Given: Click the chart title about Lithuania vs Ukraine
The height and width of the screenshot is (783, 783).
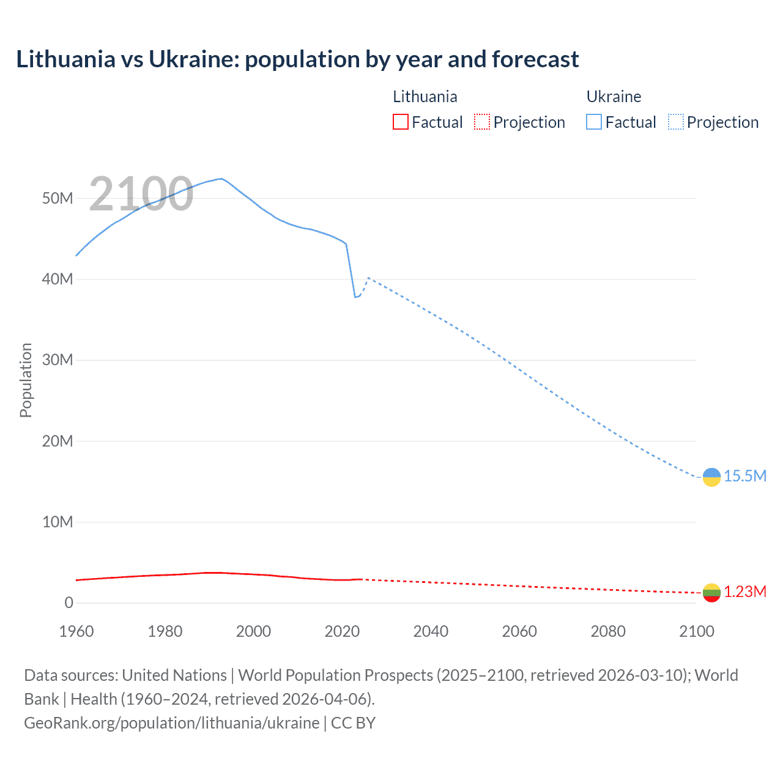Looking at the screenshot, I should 297,59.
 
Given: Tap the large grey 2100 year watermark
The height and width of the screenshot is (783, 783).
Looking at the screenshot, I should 141,194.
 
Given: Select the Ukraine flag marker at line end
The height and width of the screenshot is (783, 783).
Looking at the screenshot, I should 711,477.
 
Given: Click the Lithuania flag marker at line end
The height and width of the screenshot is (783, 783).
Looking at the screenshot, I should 711,592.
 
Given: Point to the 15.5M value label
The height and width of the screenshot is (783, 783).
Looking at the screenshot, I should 744,477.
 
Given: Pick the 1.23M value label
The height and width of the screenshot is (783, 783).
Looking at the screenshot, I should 744,592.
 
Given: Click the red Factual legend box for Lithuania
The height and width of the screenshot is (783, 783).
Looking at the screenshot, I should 400,122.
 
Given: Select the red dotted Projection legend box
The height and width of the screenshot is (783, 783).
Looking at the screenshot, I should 482,122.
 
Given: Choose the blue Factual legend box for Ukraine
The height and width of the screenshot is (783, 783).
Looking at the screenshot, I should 593,122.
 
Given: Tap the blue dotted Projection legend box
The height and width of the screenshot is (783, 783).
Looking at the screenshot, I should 675,122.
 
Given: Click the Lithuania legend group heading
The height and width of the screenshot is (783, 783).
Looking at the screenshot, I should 425,97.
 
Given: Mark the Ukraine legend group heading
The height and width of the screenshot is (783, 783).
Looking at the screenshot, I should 614,97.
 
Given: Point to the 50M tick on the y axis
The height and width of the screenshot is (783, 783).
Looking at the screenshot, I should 58,198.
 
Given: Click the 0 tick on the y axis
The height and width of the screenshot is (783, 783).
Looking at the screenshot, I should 69,603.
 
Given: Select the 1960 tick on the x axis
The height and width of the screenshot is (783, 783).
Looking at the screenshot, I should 76,631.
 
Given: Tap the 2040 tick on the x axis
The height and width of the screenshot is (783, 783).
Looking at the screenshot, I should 431,631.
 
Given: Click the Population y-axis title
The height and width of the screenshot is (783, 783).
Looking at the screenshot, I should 26,380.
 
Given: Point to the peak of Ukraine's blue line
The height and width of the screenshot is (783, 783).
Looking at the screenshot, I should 221,179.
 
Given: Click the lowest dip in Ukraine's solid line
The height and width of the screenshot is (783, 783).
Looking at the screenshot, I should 355,297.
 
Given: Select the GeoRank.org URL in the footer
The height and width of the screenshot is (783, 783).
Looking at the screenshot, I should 171,723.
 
